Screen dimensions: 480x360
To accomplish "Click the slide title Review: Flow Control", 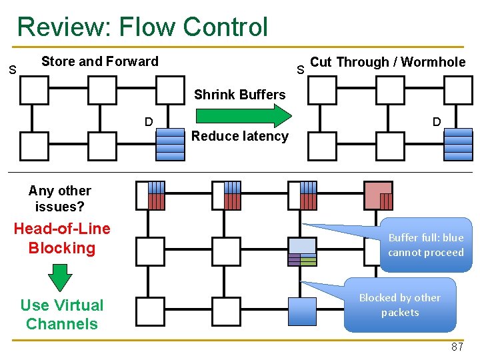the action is [143, 27].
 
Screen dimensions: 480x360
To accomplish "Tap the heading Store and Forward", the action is [100, 61].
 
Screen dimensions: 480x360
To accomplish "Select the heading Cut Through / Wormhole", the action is [388, 62].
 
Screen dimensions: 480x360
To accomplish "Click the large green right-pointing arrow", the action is [244, 116].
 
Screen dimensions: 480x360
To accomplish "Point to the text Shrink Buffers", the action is [240, 95].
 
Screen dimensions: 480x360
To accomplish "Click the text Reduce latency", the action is [240, 136].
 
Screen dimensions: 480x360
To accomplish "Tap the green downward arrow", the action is [60, 277].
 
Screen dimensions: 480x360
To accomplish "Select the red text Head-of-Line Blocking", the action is [62, 239].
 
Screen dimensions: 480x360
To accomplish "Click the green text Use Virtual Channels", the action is [62, 315].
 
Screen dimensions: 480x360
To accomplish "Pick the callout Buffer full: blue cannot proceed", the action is [425, 245].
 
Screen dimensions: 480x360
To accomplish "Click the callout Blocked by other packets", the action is [400, 305].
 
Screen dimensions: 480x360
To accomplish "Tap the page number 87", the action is [457, 347].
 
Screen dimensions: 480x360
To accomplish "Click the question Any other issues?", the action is [60, 199].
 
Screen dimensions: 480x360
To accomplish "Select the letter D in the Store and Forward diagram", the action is [149, 122].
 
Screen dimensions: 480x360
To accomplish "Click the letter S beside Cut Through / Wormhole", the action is [300, 70].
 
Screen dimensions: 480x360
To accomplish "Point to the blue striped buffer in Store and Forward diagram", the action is [171, 145].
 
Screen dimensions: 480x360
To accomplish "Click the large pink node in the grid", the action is [379, 195].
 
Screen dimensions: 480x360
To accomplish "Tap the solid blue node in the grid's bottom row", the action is [303, 311].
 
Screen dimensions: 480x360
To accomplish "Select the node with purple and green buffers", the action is [303, 251].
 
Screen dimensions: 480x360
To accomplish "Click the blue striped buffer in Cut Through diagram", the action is [458, 145].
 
